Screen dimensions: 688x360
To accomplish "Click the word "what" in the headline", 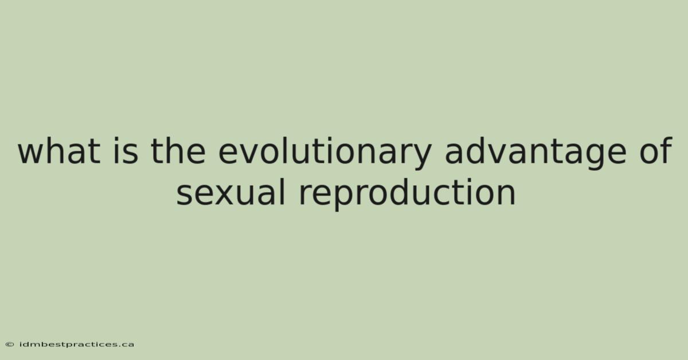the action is pyautogui.click(x=59, y=151).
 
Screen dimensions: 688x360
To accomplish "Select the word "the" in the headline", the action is pyautogui.click(x=178, y=151).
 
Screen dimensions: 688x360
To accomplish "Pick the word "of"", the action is pyautogui.click(x=656, y=151).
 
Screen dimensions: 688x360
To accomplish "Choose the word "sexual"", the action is pyautogui.click(x=231, y=192).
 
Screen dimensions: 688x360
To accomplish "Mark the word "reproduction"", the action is pyautogui.click(x=407, y=195).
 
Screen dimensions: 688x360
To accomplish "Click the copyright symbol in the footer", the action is pyautogui.click(x=10, y=345).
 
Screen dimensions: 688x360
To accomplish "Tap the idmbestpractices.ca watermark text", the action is pyautogui.click(x=77, y=345).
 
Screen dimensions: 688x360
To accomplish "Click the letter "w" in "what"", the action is pyautogui.click(x=32, y=154).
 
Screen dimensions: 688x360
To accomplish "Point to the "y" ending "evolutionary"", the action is pyautogui.click(x=423, y=158).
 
